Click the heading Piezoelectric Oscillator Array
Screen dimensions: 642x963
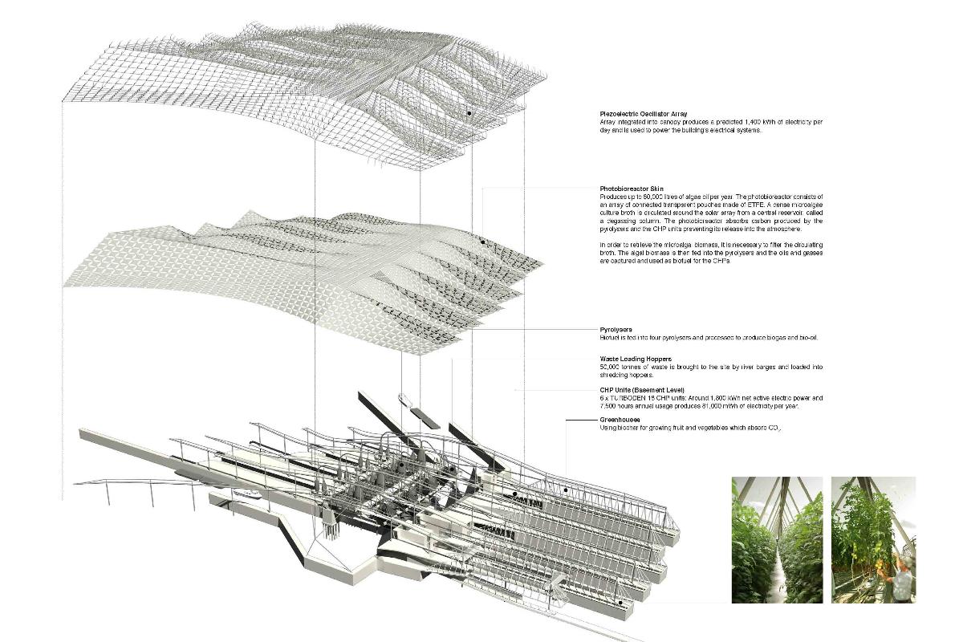(643, 113)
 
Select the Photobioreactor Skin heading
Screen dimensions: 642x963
(632, 189)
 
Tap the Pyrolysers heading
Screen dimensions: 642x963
(616, 329)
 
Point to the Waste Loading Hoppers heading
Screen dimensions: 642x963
(636, 359)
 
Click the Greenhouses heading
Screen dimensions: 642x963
(620, 420)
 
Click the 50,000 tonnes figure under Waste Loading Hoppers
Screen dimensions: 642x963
(621, 367)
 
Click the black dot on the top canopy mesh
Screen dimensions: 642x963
(469, 114)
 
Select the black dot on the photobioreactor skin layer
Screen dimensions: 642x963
(482, 242)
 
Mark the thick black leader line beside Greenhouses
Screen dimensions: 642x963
(581, 420)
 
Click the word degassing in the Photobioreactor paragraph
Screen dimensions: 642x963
(619, 220)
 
